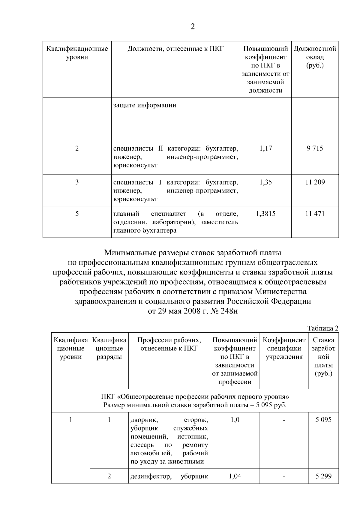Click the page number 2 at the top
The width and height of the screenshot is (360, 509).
[x=193, y=27]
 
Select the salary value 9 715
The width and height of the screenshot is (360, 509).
[x=315, y=148]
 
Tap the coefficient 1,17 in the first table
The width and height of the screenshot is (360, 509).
[x=265, y=148]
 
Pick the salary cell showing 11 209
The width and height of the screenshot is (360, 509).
[x=315, y=182]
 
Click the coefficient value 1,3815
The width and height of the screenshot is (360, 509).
[x=265, y=214]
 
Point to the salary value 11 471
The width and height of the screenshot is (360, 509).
[x=315, y=214]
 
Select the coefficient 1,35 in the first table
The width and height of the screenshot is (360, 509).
[x=265, y=182]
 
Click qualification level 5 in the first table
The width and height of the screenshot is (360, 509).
[x=77, y=214]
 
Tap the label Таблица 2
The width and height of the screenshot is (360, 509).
[x=323, y=328]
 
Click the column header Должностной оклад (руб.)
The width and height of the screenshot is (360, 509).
[x=315, y=57]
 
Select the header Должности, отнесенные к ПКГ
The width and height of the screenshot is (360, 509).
[x=175, y=49]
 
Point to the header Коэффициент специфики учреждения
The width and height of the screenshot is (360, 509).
[x=284, y=349]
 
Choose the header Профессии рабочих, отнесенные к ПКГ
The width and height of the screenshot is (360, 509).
[x=169, y=344]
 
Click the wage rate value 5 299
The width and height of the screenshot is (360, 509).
[x=323, y=476]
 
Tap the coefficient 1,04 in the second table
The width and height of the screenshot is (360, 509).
[x=235, y=476]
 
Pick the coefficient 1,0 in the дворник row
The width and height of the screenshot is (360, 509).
[x=235, y=420]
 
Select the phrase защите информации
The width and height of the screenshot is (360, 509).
[x=145, y=105]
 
